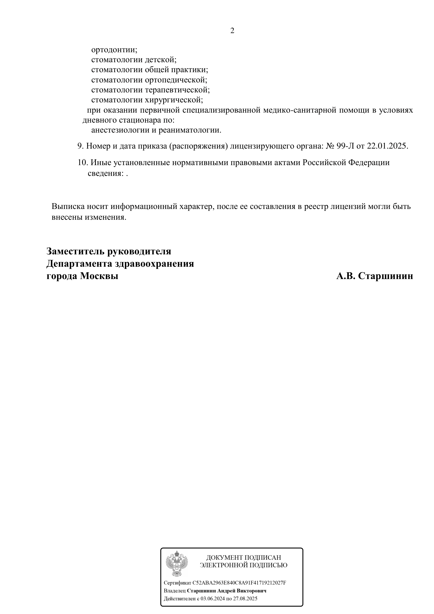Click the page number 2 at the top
click(x=232, y=31)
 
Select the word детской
click(x=161, y=60)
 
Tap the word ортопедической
click(x=176, y=80)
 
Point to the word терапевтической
click(x=177, y=90)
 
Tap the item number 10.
click(x=83, y=162)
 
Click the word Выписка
click(x=68, y=207)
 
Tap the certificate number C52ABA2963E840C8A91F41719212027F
click(x=239, y=583)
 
